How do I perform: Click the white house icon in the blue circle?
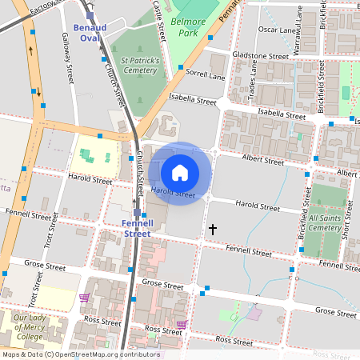pyautogui.click(x=180, y=172)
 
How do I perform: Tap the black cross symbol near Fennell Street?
pyautogui.click(x=212, y=230)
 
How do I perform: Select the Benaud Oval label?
pyautogui.click(x=89, y=32)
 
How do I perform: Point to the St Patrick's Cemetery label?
pyautogui.click(x=140, y=65)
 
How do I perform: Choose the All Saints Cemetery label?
pyautogui.click(x=325, y=222)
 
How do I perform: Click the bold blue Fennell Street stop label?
pyautogui.click(x=136, y=228)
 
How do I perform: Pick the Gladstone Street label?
pyautogui.click(x=260, y=57)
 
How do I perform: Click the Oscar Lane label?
pyautogui.click(x=278, y=30)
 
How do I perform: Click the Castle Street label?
pyautogui.click(x=159, y=20)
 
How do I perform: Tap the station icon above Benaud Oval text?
pyautogui.click(x=90, y=15)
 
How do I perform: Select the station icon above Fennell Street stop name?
pyautogui.click(x=136, y=214)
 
